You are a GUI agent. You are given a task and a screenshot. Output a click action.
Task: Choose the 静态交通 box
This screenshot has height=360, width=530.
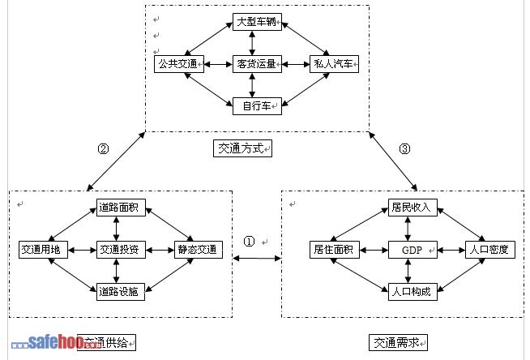(196, 249)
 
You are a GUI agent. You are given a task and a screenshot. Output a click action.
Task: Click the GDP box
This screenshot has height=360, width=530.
(412, 249)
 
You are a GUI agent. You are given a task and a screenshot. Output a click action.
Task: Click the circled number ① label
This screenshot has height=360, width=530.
(249, 242)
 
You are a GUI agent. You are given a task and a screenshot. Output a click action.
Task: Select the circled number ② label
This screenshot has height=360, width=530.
(103, 148)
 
